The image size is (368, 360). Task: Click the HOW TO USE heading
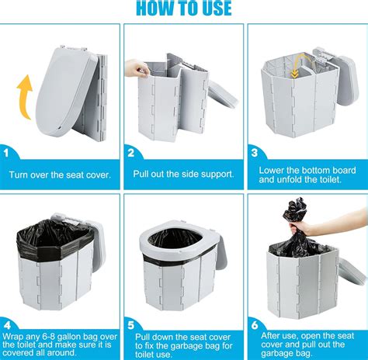pyautogui.click(x=184, y=9)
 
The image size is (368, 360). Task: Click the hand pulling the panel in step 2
pyautogui.click(x=141, y=71)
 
